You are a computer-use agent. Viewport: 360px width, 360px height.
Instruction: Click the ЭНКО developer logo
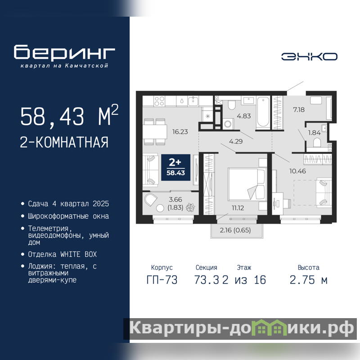[309, 57]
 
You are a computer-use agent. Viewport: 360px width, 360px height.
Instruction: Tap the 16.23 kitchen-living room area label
[180, 132]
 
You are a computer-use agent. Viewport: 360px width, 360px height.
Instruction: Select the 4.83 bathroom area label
[244, 116]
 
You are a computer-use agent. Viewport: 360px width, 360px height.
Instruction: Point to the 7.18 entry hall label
[299, 110]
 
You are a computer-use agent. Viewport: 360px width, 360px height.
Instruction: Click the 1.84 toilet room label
[314, 133]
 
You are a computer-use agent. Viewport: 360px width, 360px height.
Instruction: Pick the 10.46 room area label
[297, 171]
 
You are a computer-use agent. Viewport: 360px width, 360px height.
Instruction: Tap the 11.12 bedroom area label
[238, 208]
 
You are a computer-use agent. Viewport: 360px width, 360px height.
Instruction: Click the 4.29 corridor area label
[236, 141]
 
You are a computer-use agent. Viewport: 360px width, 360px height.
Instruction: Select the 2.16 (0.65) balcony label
[235, 230]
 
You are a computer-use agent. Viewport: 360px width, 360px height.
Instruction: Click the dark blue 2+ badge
[175, 167]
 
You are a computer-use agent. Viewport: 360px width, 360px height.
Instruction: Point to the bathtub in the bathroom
[263, 112]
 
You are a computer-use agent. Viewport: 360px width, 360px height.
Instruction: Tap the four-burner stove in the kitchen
[159, 101]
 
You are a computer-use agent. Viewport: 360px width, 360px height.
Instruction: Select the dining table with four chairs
[155, 132]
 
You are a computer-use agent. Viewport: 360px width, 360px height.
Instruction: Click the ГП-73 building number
[162, 280]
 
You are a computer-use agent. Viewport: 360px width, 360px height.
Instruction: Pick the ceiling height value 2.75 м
[308, 280]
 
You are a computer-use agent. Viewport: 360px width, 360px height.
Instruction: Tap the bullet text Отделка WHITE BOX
[62, 254]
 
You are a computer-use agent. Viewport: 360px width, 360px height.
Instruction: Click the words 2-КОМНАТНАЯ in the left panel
[64, 142]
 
